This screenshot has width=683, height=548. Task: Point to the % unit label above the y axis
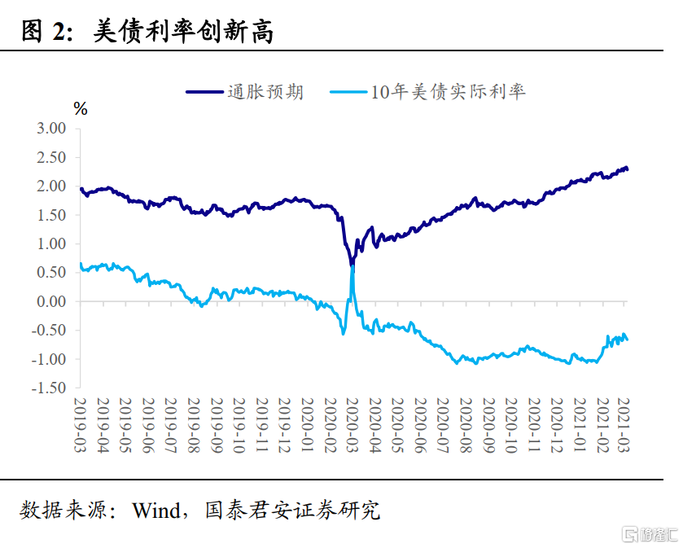pos(80,109)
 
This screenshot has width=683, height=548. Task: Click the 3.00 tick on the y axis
pos(51,129)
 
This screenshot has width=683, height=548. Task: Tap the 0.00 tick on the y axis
pos(51,301)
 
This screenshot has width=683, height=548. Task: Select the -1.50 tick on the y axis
pos(49,388)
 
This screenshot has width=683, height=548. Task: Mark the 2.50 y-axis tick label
pos(51,157)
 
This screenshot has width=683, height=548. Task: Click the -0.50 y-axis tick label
pos(49,331)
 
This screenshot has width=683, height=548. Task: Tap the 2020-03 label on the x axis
pos(352,425)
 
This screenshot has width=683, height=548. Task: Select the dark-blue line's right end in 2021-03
pos(628,169)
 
